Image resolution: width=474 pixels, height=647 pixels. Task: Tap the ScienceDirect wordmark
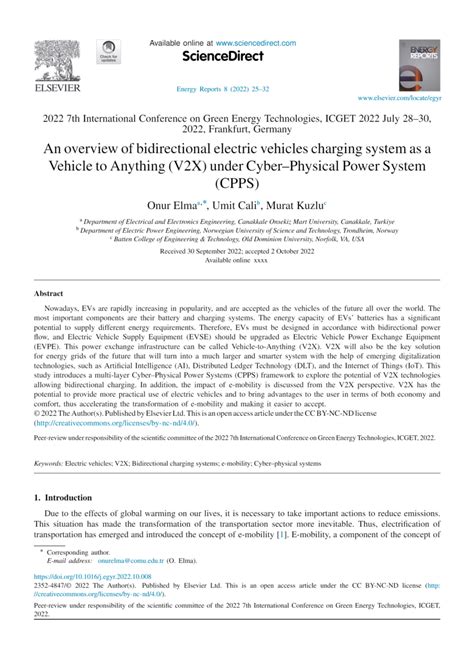pos(236,59)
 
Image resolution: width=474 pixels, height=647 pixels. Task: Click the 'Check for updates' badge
pos(106,52)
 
